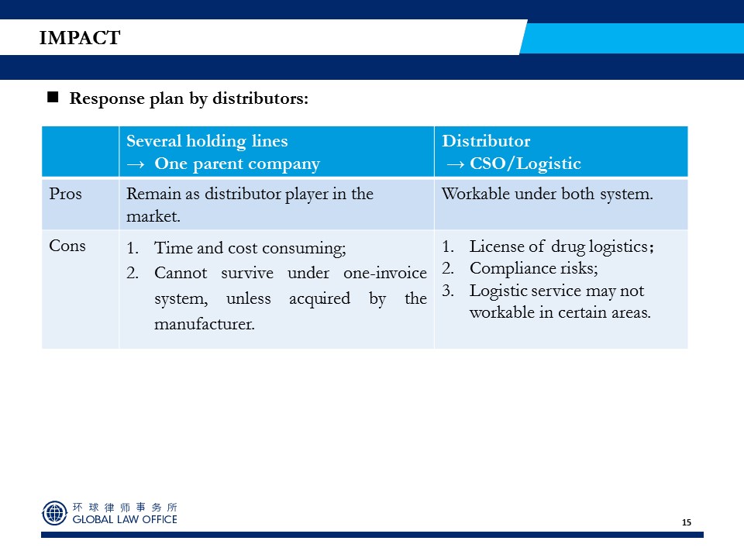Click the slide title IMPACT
[80, 37]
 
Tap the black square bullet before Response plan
[53, 98]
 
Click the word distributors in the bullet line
[260, 98]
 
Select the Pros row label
[65, 194]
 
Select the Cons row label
[67, 246]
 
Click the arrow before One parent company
[135, 164]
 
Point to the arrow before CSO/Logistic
[456, 164]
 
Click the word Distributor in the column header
[486, 141]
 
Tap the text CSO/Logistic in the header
[525, 164]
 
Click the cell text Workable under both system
[547, 194]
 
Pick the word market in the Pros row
[152, 216]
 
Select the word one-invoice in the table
[385, 273]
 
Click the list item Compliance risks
[533, 268]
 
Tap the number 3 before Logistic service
[446, 291]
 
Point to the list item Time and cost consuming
[250, 248]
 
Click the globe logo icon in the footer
[54, 513]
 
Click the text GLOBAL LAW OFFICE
[125, 519]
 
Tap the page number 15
[686, 522]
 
